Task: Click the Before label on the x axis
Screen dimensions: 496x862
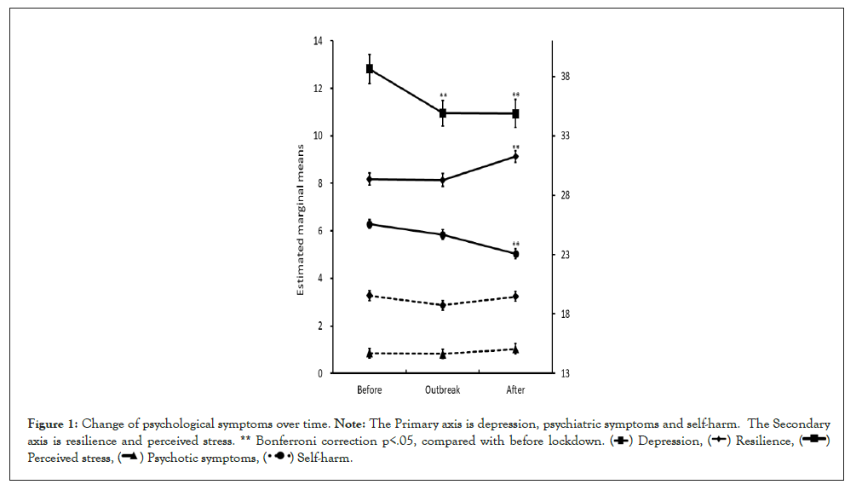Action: click(370, 390)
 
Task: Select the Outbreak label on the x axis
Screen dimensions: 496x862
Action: click(442, 390)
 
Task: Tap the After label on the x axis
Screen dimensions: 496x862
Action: click(515, 390)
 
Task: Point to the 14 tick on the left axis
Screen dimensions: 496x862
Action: click(317, 41)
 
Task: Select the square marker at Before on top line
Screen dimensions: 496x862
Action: click(370, 68)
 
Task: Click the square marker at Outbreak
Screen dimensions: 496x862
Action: click(443, 112)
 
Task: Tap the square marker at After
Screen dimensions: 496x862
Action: click(515, 113)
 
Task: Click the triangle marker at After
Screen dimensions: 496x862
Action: click(515, 349)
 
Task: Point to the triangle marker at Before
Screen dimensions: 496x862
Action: click(370, 354)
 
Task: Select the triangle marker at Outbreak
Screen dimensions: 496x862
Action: click(443, 354)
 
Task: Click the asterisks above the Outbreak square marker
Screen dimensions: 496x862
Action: click(443, 95)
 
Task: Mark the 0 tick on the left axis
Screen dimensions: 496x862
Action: click(319, 373)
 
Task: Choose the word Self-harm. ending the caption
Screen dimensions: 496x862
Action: click(324, 459)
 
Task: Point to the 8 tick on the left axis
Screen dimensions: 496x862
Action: click(319, 183)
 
